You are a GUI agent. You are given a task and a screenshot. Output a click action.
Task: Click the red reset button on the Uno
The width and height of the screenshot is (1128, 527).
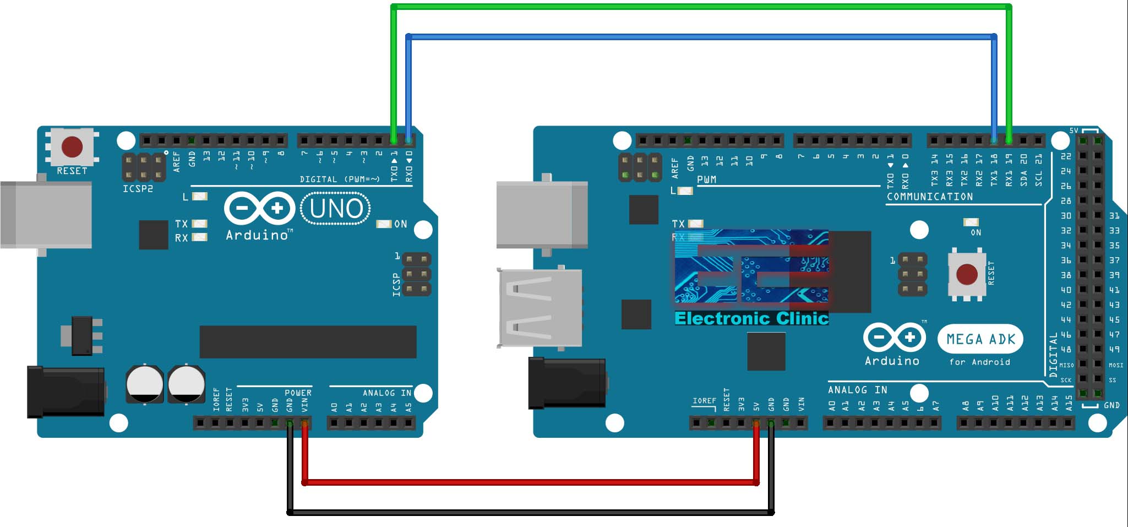click(x=72, y=147)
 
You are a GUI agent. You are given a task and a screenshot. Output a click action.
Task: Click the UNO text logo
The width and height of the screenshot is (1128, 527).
click(x=336, y=209)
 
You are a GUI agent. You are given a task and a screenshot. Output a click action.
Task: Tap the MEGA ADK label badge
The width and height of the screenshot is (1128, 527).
click(x=980, y=339)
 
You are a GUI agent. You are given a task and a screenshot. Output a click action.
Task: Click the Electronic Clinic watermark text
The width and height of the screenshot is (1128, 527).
click(x=751, y=318)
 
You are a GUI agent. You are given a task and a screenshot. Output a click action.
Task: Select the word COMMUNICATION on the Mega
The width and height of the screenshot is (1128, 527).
click(x=929, y=197)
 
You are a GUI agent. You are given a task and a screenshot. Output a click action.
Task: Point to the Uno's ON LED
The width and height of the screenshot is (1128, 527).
click(x=383, y=224)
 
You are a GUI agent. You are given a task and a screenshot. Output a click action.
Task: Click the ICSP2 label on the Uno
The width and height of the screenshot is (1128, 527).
click(x=138, y=189)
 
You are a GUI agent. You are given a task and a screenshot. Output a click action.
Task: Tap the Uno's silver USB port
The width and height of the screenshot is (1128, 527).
click(x=46, y=215)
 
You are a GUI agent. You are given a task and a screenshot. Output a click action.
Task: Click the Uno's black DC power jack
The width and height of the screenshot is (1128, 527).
click(x=66, y=392)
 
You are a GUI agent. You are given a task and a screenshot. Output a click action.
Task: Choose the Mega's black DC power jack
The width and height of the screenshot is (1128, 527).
click(x=567, y=383)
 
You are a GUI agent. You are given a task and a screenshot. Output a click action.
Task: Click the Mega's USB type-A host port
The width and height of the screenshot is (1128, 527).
click(x=540, y=307)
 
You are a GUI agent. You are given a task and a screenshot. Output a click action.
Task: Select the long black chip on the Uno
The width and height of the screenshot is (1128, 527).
click(x=308, y=341)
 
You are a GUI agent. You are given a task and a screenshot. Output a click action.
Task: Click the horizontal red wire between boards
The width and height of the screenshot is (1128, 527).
click(x=528, y=482)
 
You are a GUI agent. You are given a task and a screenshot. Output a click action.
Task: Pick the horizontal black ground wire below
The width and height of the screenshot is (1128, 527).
click(x=528, y=513)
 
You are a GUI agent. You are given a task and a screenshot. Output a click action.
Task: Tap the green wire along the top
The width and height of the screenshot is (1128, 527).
click(x=699, y=7)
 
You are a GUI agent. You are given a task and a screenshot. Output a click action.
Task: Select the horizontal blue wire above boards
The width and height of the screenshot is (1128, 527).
click(x=699, y=37)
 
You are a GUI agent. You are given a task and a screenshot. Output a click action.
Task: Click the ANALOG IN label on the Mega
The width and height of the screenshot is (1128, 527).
click(x=857, y=390)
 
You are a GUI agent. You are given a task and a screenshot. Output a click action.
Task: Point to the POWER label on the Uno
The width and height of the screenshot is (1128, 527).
click(x=298, y=393)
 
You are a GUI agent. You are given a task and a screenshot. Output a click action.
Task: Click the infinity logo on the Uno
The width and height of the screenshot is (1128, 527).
click(x=259, y=209)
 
